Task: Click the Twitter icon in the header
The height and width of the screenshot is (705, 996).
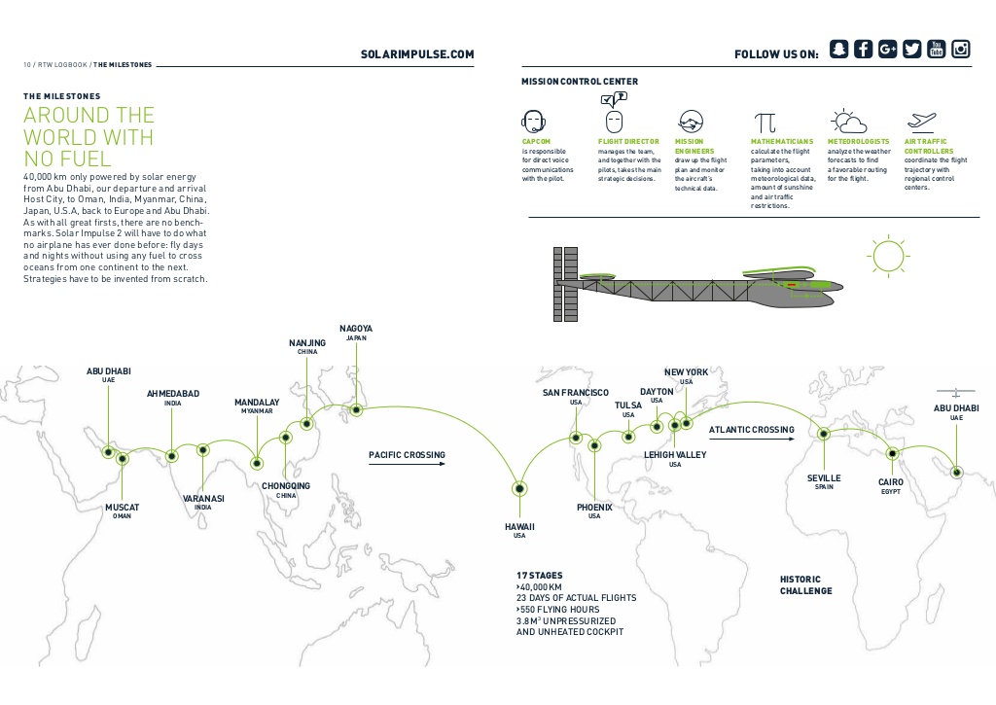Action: tap(911, 50)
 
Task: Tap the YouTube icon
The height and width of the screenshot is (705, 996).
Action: tap(937, 50)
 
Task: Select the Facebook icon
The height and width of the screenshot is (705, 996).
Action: tap(863, 50)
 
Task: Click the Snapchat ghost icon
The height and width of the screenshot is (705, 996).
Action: tap(838, 50)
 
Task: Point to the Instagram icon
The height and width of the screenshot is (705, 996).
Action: tap(961, 50)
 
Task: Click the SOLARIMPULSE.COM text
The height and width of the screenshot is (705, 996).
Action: tap(417, 54)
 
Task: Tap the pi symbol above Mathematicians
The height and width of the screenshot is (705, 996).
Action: tap(765, 123)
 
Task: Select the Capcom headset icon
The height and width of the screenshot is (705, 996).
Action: tap(532, 122)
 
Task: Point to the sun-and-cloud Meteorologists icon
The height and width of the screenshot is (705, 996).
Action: tap(848, 122)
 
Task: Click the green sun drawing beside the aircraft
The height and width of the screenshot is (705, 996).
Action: tap(887, 255)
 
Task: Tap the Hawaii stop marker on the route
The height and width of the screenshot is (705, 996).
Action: tap(519, 488)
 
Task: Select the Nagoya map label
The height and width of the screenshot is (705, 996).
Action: tap(356, 330)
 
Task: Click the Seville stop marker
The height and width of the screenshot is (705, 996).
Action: tap(824, 434)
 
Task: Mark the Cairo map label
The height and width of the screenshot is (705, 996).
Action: tap(891, 482)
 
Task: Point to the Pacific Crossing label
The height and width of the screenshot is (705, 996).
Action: tap(407, 455)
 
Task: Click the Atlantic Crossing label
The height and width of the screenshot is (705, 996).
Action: tap(751, 430)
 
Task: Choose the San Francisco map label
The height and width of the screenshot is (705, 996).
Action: tap(576, 393)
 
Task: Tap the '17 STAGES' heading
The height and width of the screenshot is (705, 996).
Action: tap(539, 576)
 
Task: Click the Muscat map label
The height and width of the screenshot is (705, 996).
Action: tap(123, 508)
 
